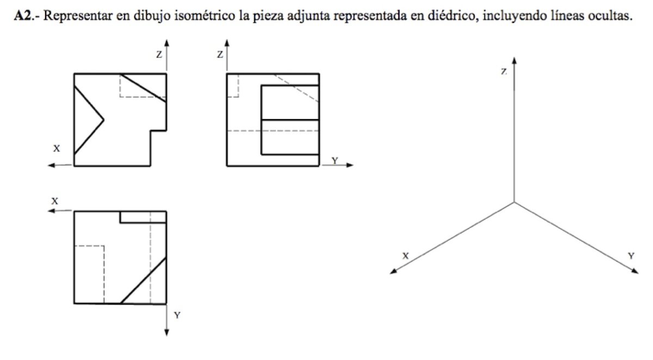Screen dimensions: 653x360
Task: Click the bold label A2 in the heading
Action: pos(22,15)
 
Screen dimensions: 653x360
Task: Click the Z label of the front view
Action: pos(159,54)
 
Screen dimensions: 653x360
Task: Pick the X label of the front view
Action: pos(57,148)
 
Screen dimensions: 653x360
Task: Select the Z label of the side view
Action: pos(220,54)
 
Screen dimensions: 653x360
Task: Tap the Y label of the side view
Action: pos(335,160)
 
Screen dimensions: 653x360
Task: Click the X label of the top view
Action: pos(55,201)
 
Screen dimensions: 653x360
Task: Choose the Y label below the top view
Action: pos(177,315)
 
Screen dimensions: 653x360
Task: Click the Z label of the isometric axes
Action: pos(504,71)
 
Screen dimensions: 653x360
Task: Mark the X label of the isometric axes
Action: pos(405,256)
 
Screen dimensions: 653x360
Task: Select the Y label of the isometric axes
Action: pos(631,256)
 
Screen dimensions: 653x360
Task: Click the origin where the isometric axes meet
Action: pos(514,202)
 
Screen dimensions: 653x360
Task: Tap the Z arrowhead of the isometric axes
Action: pos(514,60)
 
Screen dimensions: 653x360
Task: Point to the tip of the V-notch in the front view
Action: pos(103,120)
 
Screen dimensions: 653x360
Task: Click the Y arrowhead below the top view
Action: pos(167,333)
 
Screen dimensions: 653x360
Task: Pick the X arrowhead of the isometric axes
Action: pos(393,271)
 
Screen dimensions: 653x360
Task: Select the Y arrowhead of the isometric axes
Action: pos(635,271)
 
